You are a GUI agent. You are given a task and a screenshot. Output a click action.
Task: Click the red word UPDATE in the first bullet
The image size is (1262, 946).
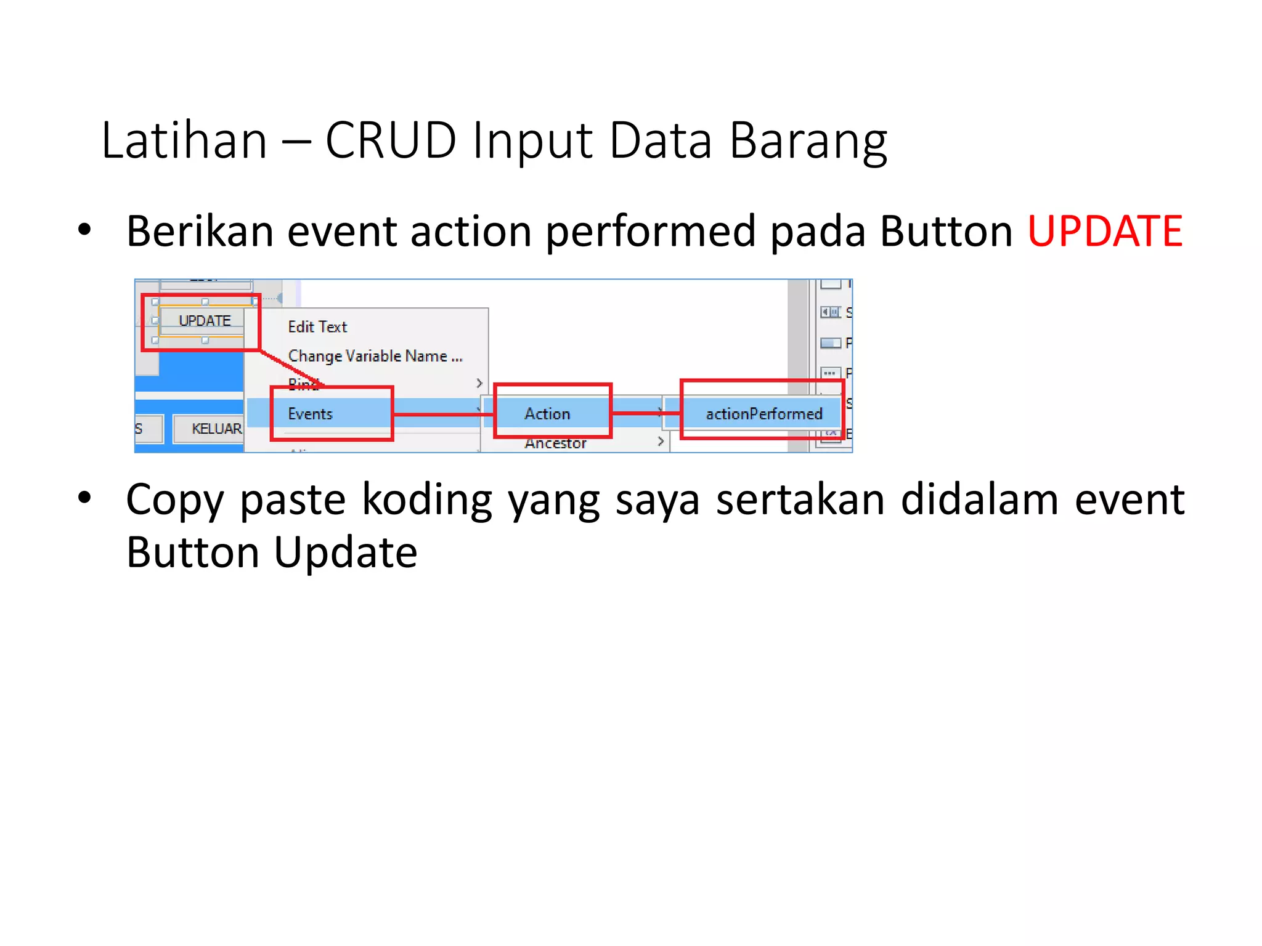[x=1105, y=231]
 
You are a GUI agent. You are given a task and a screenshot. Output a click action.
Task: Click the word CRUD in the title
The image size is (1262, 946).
[x=391, y=140]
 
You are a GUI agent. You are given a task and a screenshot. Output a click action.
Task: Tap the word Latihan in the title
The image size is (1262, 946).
[x=184, y=140]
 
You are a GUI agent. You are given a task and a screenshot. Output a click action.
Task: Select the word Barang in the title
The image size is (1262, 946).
[x=808, y=142]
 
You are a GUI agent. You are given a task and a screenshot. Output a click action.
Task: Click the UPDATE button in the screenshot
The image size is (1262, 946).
[x=204, y=321]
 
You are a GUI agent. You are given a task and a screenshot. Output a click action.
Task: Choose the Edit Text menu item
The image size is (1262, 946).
[x=317, y=327]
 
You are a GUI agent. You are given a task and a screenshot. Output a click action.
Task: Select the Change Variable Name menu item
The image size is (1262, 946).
[x=375, y=356]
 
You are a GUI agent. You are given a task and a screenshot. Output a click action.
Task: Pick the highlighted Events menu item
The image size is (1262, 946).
[x=310, y=414]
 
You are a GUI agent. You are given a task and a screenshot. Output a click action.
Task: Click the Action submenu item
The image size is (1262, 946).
[x=547, y=414]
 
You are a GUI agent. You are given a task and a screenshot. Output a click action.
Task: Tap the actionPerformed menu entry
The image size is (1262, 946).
[x=763, y=414]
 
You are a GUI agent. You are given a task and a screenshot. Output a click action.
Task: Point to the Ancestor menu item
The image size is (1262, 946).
[x=555, y=443]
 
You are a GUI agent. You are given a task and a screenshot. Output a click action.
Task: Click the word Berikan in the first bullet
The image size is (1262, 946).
[x=200, y=231]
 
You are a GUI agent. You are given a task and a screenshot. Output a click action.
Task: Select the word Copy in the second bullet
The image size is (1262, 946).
[x=175, y=500]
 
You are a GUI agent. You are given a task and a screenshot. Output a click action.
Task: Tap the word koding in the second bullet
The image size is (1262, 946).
[x=426, y=500]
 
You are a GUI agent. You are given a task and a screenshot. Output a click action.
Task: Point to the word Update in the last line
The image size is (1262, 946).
[x=345, y=552]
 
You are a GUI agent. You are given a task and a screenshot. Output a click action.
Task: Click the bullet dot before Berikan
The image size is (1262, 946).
[x=84, y=230]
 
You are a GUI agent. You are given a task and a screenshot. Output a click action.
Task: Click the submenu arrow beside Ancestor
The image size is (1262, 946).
[x=660, y=442]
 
